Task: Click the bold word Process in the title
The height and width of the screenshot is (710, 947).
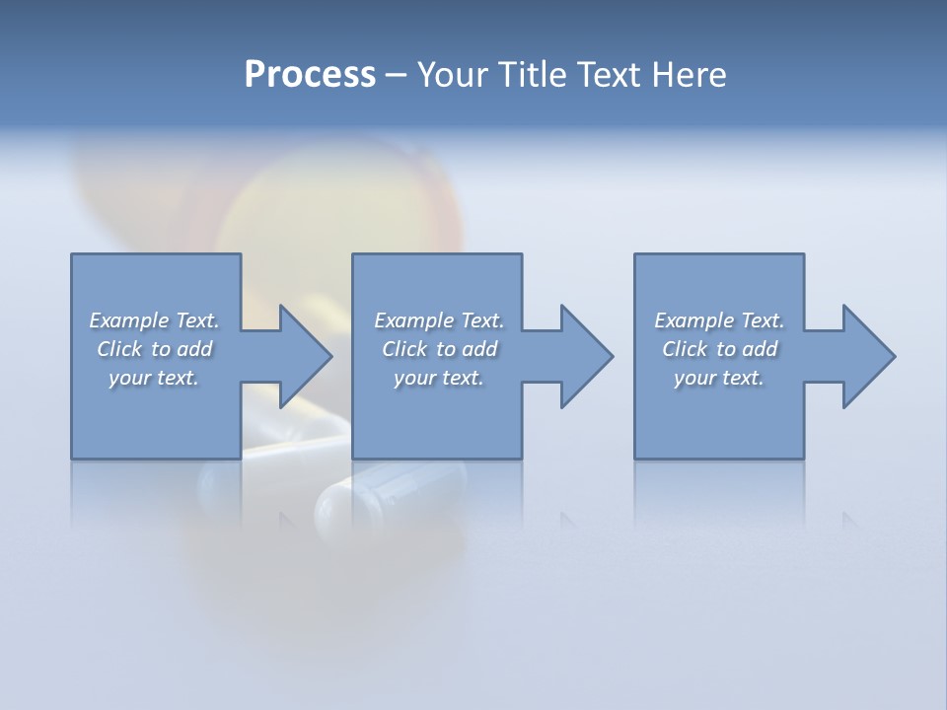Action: (x=310, y=75)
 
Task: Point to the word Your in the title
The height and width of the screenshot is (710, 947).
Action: (x=453, y=75)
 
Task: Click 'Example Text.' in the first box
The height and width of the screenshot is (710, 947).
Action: (x=154, y=320)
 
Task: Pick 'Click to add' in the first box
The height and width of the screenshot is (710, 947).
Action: (x=154, y=349)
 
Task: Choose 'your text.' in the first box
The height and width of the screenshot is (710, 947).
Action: (x=154, y=378)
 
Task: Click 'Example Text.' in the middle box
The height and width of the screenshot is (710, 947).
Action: (x=439, y=320)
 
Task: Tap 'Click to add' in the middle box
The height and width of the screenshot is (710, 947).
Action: (x=439, y=349)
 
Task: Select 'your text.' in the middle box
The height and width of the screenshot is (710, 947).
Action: (x=439, y=378)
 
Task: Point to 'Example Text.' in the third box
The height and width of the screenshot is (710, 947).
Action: (x=719, y=320)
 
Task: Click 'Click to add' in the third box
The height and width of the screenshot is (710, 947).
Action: (x=719, y=349)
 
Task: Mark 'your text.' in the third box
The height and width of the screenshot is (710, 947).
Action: (x=719, y=378)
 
